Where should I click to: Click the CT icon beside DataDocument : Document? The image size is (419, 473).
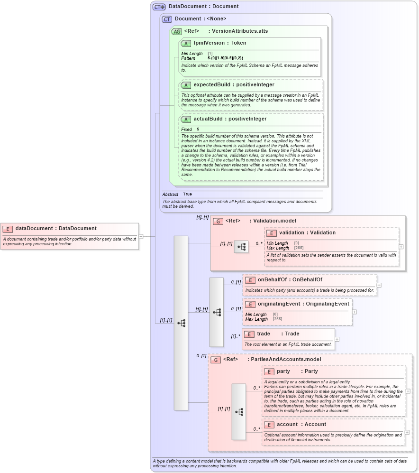coord(159,7)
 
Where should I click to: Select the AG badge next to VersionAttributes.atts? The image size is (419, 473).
coord(176,31)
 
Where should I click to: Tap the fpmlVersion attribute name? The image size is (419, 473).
coord(209,43)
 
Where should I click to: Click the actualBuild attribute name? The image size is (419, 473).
coord(210,119)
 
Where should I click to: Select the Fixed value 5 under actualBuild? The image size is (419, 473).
coord(198,129)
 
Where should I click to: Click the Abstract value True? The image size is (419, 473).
coord(187,194)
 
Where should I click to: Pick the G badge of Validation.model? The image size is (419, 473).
coord(218,221)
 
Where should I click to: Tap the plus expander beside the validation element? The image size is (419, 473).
coord(401,247)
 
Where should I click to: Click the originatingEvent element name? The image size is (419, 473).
coord(277,304)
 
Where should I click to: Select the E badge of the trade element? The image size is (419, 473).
coord(249,334)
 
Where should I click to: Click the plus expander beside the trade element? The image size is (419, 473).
coord(337,339)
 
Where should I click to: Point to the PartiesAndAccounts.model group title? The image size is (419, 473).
coord(285,359)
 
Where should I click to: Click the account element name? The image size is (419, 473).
coord(287,424)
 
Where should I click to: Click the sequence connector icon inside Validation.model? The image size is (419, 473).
coord(241,247)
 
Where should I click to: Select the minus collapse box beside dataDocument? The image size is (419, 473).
coord(141,236)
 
